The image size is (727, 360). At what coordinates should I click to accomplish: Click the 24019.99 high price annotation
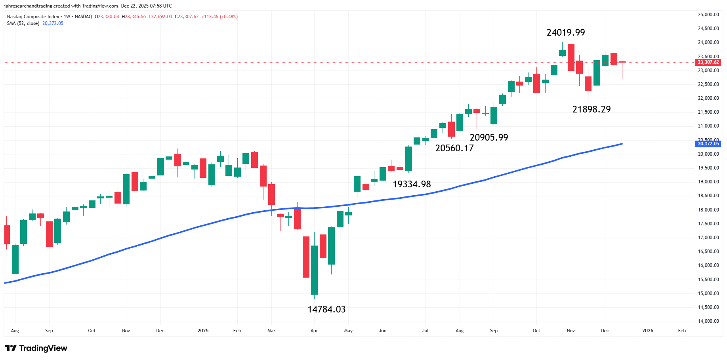[565, 32]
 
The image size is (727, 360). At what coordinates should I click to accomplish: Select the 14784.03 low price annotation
[326, 309]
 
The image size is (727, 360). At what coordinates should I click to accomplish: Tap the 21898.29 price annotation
[591, 109]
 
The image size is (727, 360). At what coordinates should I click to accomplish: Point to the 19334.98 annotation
[412, 184]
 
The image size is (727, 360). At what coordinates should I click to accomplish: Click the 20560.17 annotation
[454, 148]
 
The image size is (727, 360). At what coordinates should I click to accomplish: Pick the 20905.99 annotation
[488, 137]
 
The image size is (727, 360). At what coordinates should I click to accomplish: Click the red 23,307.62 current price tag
[708, 62]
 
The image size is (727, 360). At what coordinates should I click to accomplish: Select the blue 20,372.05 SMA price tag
[708, 144]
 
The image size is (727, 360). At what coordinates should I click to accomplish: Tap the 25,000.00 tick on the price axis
[708, 15]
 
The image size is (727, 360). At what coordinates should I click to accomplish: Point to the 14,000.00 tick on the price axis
[708, 321]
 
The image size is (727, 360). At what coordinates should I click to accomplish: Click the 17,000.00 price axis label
[708, 238]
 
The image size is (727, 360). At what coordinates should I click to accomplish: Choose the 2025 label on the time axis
[203, 331]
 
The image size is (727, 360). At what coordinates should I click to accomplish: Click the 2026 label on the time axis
[647, 331]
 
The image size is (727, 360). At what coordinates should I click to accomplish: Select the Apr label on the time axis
[314, 331]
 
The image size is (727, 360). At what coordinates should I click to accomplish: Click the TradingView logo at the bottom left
[36, 348]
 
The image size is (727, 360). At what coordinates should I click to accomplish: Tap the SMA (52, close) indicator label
[23, 23]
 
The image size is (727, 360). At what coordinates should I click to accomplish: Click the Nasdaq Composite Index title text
[33, 17]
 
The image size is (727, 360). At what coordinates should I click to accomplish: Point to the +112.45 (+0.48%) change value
[219, 17]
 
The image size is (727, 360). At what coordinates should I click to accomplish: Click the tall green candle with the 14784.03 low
[314, 269]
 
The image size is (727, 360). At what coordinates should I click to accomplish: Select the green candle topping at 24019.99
[562, 53]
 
